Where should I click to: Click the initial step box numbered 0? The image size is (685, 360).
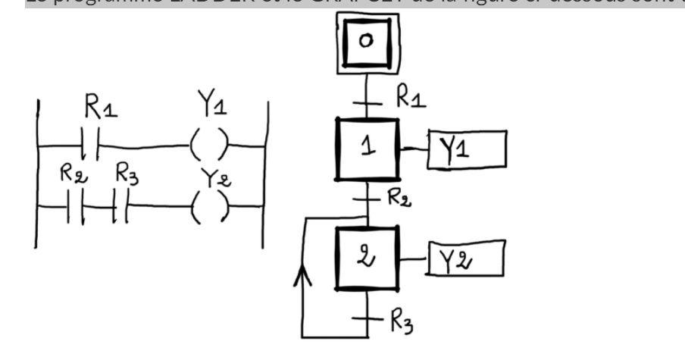coord(368,42)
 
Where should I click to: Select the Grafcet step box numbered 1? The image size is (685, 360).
coord(368,148)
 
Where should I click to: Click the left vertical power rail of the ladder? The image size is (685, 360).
coord(35,174)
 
